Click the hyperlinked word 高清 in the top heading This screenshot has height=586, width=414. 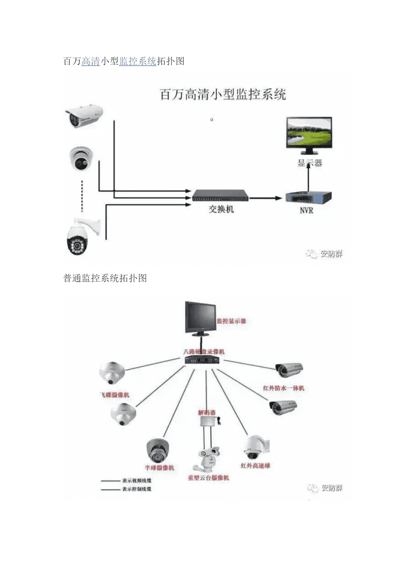tap(90, 61)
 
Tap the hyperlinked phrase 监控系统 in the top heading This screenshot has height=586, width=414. tap(137, 61)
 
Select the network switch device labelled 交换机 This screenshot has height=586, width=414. tap(221, 196)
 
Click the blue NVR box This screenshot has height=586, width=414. tap(309, 197)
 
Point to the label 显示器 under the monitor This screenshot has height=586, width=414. tap(310, 163)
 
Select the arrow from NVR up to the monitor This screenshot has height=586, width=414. tap(308, 180)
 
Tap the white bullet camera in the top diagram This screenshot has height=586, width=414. tap(84, 115)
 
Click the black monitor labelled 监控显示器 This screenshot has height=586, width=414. tap(200, 318)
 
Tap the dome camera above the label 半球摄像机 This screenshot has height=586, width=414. tap(158, 451)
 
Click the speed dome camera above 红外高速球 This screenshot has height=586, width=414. tap(255, 447)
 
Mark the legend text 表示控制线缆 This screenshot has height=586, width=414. tap(136, 489)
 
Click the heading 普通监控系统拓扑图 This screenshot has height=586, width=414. tap(105, 278)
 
